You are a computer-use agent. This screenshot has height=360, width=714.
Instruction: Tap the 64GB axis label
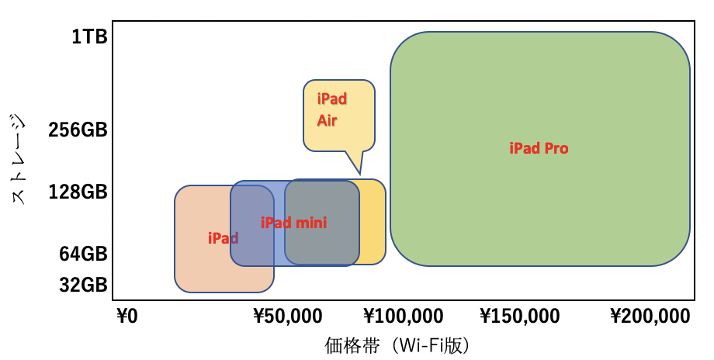(82, 254)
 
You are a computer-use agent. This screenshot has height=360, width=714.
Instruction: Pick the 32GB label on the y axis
(82, 285)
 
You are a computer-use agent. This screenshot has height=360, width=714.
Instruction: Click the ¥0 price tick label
(127, 317)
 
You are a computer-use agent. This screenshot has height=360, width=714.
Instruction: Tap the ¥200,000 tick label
(650, 317)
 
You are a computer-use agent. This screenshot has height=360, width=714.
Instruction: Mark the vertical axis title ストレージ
(19, 159)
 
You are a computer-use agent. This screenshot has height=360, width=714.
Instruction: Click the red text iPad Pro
(539, 148)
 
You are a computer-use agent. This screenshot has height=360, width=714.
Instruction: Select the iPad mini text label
(293, 223)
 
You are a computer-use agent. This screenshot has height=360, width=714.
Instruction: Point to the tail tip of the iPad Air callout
(359, 173)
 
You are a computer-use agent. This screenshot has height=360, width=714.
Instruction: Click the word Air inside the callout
(327, 121)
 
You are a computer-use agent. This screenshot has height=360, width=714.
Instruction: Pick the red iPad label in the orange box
(223, 238)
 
